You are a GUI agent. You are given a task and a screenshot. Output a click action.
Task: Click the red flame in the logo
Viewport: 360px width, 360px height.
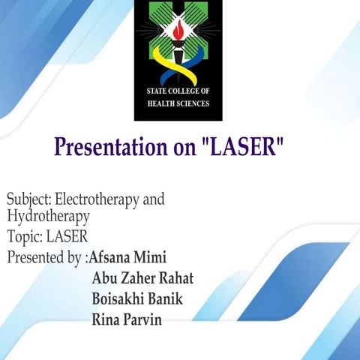(x=178, y=31)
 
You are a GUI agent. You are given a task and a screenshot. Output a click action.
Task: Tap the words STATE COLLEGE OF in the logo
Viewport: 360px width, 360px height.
(x=178, y=91)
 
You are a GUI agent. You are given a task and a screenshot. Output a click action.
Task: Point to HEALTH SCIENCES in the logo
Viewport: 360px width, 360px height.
(x=178, y=103)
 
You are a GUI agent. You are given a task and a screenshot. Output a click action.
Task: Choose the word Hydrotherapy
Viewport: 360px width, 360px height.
(x=48, y=217)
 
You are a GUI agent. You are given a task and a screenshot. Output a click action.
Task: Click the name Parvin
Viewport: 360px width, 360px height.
(x=144, y=320)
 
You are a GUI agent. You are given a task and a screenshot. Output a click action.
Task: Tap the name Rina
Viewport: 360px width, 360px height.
(x=106, y=320)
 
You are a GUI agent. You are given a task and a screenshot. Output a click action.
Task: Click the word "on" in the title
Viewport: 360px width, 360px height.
(x=183, y=148)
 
